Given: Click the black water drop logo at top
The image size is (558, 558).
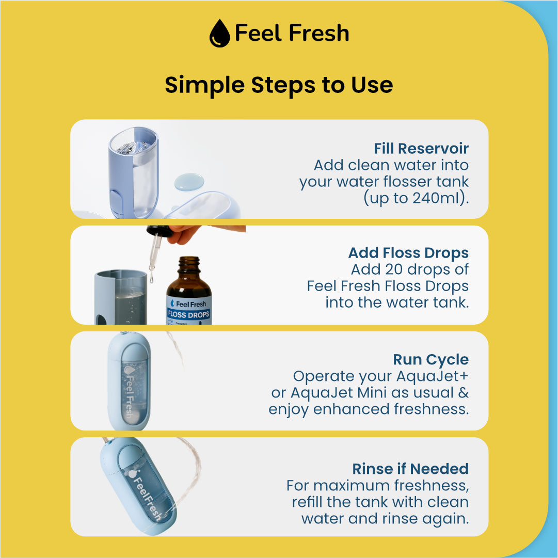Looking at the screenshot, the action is click(219, 33).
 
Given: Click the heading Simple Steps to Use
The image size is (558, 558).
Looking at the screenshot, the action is click(279, 85).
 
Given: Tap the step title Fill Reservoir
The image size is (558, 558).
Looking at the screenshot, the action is click(421, 148).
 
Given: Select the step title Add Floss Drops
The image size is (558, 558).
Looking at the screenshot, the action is click(408, 253).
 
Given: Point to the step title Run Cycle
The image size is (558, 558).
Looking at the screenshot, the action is click(431, 360).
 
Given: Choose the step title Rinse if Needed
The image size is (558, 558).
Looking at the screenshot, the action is click(410, 469).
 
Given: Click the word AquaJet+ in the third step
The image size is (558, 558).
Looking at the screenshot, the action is click(432, 376).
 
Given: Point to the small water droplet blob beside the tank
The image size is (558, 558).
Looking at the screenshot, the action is click(189, 181).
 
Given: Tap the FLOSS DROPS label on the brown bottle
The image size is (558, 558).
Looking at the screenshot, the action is click(188, 314).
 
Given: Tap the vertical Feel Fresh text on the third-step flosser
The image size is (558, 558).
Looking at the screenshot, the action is click(130, 391).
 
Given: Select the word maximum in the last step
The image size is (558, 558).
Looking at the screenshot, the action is click(351, 485).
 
